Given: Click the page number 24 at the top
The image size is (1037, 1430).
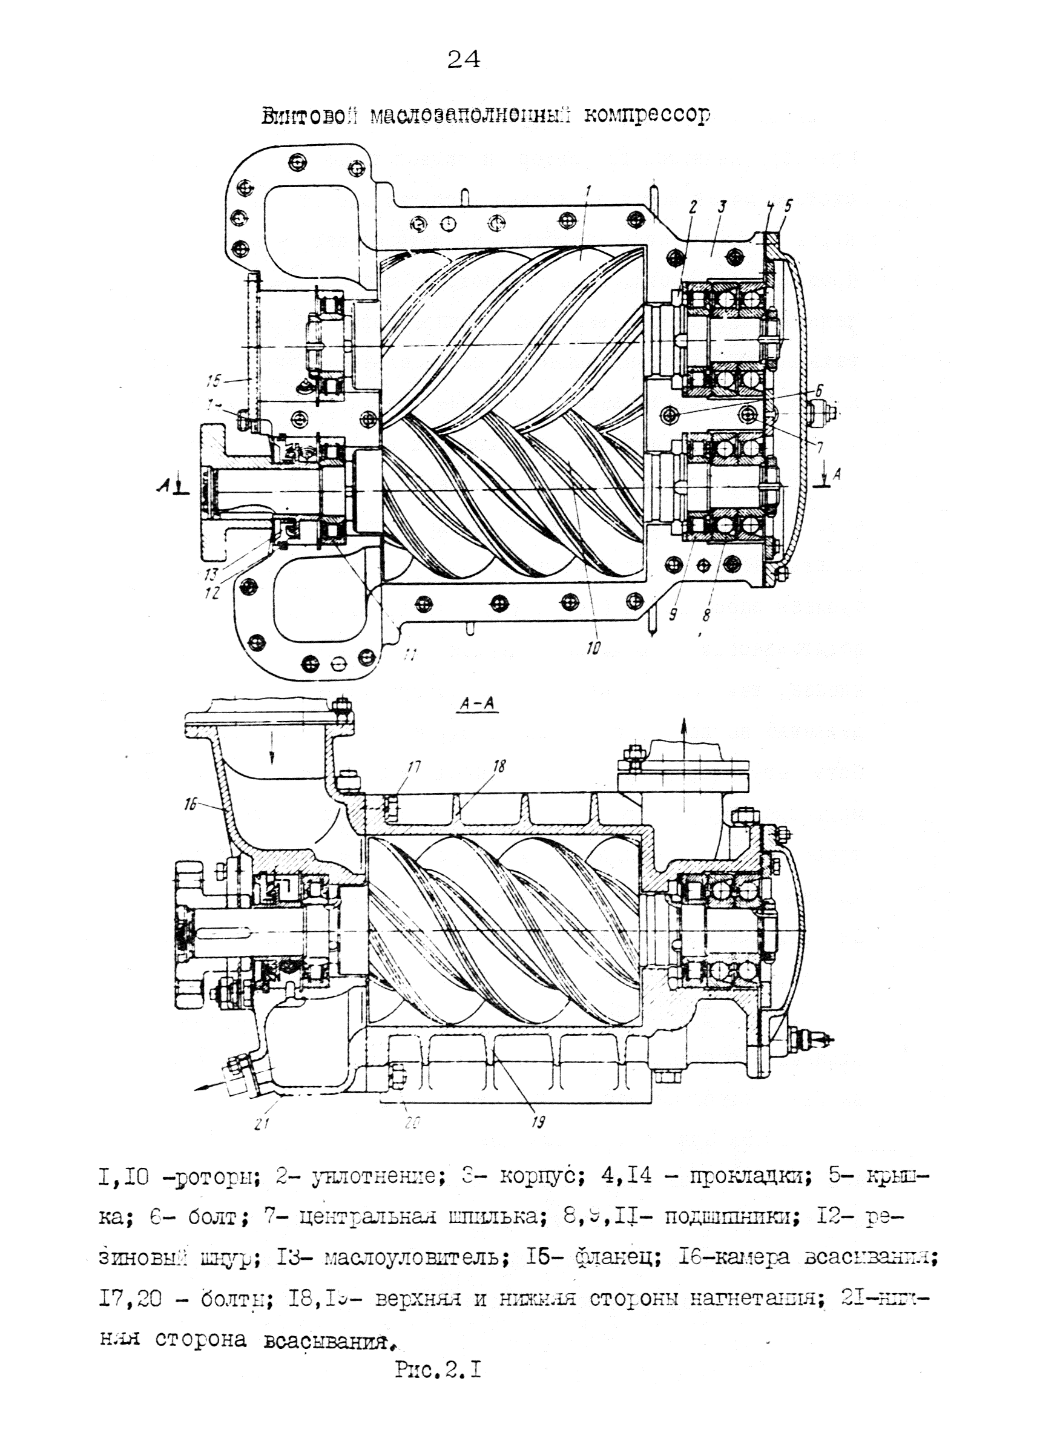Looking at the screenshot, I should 463,59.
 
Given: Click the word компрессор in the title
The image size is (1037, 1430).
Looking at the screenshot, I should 647,116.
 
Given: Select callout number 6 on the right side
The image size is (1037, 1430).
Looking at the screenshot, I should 819,391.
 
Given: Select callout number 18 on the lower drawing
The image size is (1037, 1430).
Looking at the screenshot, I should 499,766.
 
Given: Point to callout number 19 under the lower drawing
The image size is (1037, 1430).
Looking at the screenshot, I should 537,1122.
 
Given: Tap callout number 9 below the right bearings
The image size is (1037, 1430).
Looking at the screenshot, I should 673,614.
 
